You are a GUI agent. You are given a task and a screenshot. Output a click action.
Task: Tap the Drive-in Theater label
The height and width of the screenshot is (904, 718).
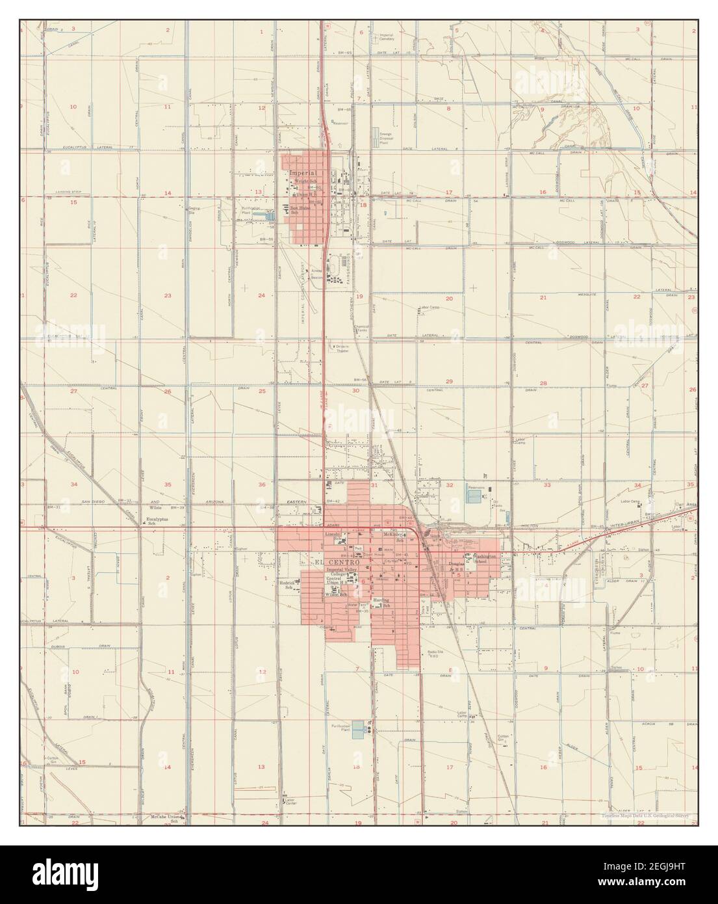point(342,349)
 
